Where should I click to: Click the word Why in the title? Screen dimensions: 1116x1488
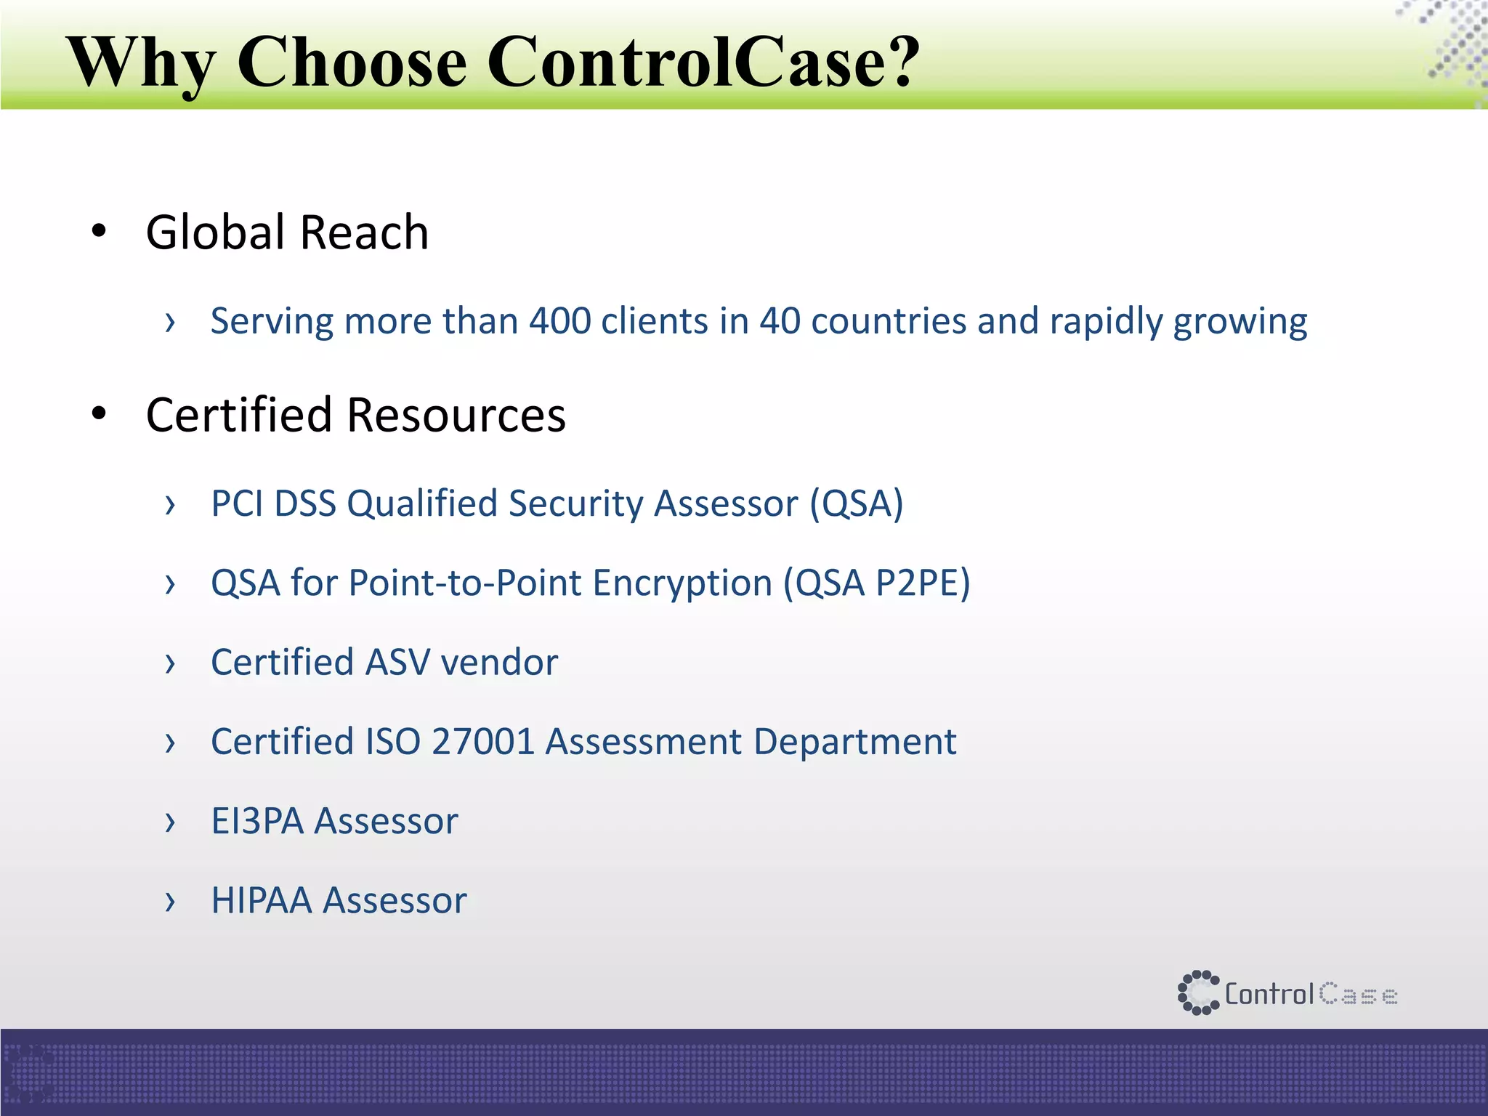point(141,64)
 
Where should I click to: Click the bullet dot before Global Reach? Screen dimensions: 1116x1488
point(99,232)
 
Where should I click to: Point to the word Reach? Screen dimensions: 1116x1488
point(364,232)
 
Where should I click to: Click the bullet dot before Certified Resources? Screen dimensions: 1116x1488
point(99,413)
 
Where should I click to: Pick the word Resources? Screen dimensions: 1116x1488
point(456,415)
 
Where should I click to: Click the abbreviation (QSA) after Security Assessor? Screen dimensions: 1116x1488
point(857,504)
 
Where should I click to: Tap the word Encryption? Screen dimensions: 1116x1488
point(682,584)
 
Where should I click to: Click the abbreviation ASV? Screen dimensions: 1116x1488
point(397,662)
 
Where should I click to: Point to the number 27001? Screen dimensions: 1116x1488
point(483,742)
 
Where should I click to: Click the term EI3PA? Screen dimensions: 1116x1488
point(257,821)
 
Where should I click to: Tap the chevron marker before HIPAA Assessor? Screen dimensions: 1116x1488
point(170,902)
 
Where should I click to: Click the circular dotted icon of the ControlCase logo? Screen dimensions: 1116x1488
point(1197,992)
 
